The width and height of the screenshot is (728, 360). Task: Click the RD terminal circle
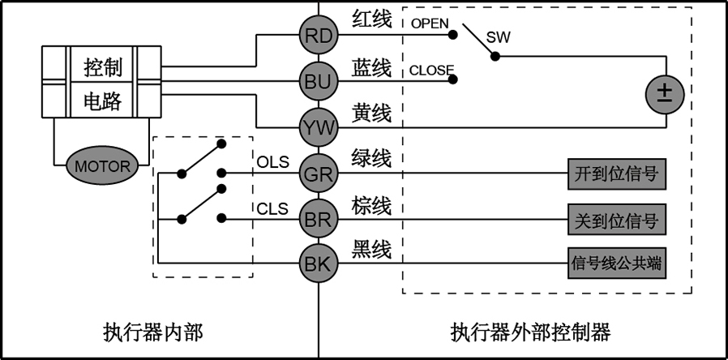pyautogui.click(x=319, y=35)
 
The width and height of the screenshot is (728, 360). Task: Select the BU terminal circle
pyautogui.click(x=319, y=81)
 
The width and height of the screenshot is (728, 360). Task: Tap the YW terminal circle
pyautogui.click(x=319, y=127)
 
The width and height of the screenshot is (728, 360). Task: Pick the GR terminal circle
pyautogui.click(x=319, y=173)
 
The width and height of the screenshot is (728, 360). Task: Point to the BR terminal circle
pyautogui.click(x=319, y=218)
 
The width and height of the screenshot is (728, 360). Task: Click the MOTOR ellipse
pyautogui.click(x=103, y=166)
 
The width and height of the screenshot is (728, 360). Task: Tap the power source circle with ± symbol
pyautogui.click(x=665, y=94)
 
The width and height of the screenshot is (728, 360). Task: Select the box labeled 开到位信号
pyautogui.click(x=617, y=173)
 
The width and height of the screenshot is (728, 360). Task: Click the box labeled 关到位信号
pyautogui.click(x=617, y=219)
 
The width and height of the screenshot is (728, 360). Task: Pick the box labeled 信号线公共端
pyautogui.click(x=617, y=264)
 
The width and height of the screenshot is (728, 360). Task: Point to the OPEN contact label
pyautogui.click(x=429, y=24)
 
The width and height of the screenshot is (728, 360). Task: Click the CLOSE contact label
pyautogui.click(x=431, y=70)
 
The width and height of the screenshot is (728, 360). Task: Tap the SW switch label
pyautogui.click(x=498, y=37)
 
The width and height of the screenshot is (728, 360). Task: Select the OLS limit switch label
pyautogui.click(x=272, y=161)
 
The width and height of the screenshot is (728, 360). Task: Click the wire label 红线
pyautogui.click(x=372, y=22)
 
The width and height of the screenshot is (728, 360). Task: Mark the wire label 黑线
pyautogui.click(x=372, y=250)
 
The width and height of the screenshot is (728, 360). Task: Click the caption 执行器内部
pyautogui.click(x=153, y=332)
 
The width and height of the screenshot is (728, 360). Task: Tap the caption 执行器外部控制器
pyautogui.click(x=530, y=332)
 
